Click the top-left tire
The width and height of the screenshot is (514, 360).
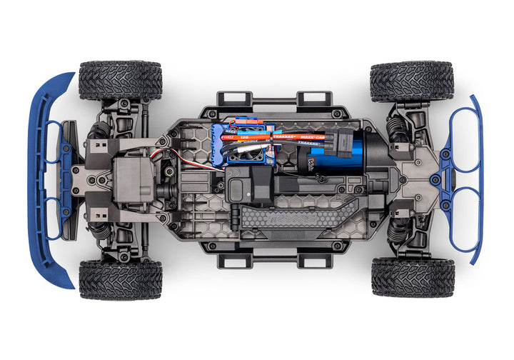[120, 80]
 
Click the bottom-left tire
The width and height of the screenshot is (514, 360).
[120, 279]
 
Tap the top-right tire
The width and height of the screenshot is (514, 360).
[412, 81]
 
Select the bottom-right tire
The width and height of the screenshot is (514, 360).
[412, 278]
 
